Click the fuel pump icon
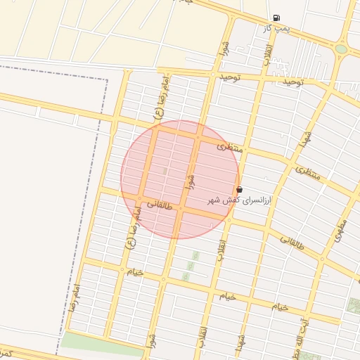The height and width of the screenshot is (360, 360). click(x=276, y=18)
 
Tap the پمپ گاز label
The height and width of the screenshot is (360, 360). click(x=276, y=28)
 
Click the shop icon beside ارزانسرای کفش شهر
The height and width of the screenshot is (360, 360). click(x=240, y=190)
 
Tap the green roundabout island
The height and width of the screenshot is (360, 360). click(x=341, y=49)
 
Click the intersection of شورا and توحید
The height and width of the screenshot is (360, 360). click(x=212, y=74)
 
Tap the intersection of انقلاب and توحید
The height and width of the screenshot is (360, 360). click(x=262, y=78)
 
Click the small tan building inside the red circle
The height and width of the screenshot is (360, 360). click(x=165, y=171)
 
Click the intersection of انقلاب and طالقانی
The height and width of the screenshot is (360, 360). click(x=230, y=220)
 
